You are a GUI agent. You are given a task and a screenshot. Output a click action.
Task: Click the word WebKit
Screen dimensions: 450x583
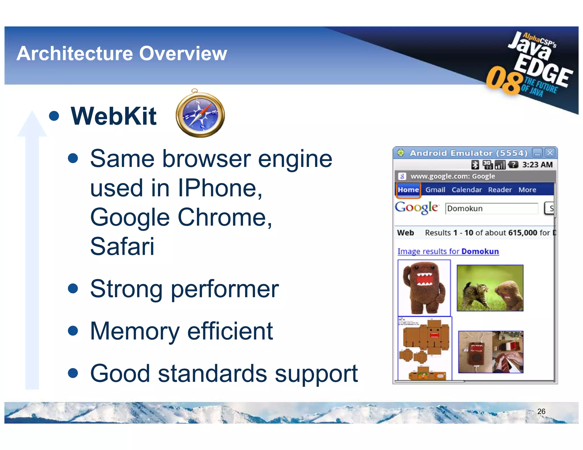(114, 116)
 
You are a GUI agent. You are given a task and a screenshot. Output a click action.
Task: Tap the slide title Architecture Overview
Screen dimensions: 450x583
(122, 53)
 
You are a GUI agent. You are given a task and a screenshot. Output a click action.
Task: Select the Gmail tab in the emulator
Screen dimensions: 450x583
(435, 190)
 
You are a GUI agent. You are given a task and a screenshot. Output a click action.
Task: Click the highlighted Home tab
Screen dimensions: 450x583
(408, 190)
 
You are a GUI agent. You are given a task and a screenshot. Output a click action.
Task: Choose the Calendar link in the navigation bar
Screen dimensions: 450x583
(467, 190)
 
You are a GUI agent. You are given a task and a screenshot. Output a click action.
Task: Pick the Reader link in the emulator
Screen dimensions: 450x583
(500, 190)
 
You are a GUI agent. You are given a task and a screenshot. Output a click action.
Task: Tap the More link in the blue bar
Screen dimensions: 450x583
(527, 190)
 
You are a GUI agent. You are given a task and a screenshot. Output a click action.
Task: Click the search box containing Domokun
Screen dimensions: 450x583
(492, 209)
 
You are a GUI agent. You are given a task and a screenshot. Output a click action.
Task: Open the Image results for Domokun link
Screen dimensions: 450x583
(448, 251)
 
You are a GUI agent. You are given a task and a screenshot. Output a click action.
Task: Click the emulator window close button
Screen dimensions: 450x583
(550, 153)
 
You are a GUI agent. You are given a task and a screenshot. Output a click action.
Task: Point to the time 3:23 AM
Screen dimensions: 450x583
(537, 165)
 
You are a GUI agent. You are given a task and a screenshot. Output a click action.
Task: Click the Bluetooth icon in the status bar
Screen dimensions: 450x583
(475, 165)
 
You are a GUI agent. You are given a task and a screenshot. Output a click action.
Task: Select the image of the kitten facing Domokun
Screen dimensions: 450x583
(490, 288)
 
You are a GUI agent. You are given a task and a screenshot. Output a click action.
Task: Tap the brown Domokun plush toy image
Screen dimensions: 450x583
(424, 288)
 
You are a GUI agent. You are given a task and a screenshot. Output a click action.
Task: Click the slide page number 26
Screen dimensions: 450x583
(541, 411)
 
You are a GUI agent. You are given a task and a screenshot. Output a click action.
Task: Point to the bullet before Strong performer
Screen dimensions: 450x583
(73, 288)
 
